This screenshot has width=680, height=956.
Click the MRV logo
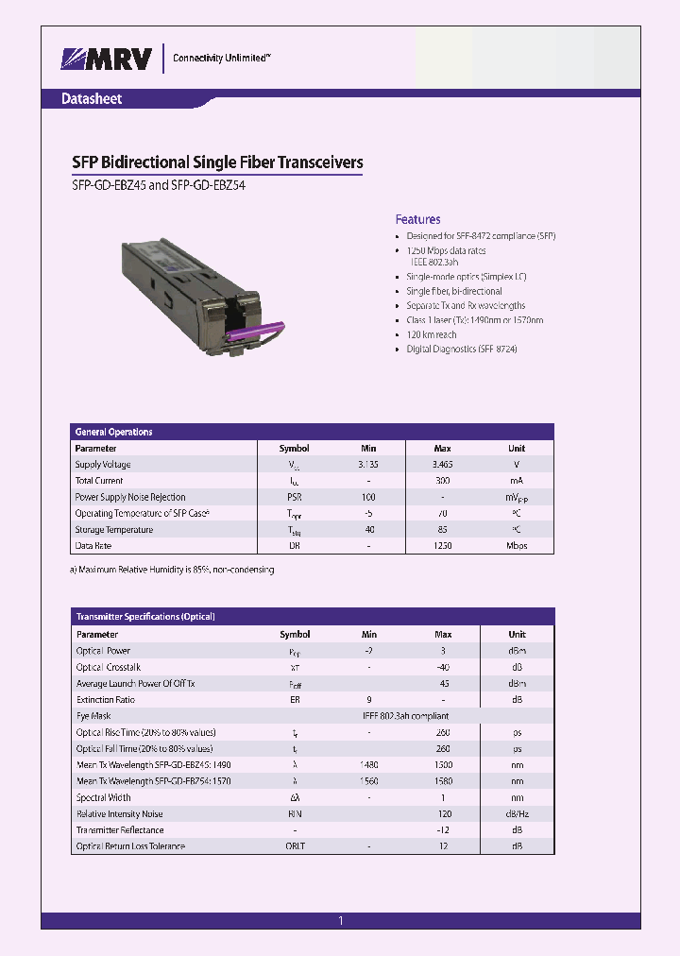tap(107, 59)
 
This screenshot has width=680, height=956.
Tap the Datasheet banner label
tap(91, 98)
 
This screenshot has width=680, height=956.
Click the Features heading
tap(417, 219)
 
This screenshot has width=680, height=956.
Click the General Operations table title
tap(113, 432)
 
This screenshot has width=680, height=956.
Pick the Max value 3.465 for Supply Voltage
tap(441, 465)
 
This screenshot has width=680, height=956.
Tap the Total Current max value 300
tap(442, 481)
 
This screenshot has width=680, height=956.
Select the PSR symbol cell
tap(294, 497)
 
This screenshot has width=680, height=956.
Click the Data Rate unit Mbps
tap(517, 546)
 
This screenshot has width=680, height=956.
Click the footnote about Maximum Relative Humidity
tap(172, 570)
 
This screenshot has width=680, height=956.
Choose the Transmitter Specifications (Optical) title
tap(145, 617)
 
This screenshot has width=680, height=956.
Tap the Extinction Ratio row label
tap(105, 700)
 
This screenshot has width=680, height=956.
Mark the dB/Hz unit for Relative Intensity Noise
tap(517, 813)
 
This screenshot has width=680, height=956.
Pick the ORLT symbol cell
tap(295, 846)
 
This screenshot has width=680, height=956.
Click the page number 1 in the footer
tap(340, 921)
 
